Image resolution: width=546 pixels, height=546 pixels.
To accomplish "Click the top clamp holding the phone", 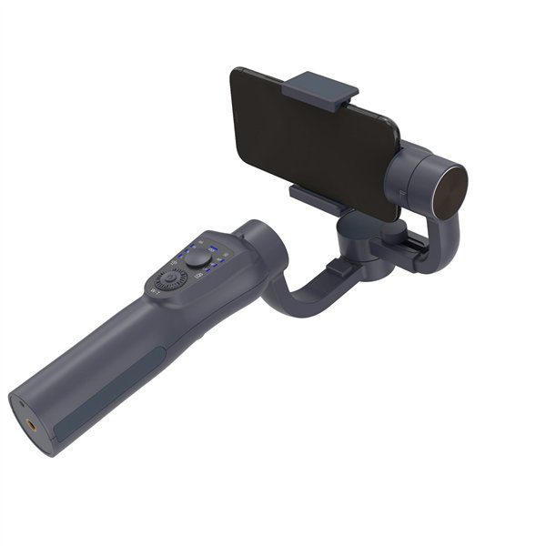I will coord(320,90).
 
